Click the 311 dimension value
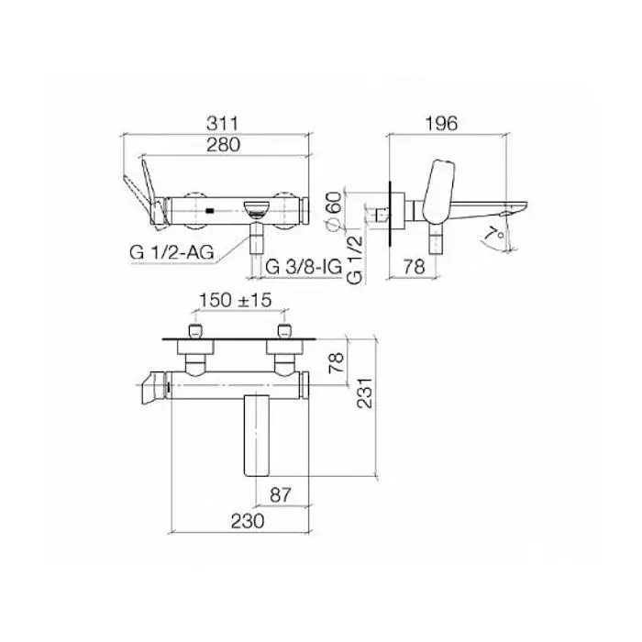[x=222, y=124]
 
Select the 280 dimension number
[x=223, y=145]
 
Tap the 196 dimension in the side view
[x=441, y=124]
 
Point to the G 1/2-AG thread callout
[x=172, y=252]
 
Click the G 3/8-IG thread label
[x=304, y=267]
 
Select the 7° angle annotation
[x=494, y=234]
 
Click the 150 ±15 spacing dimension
[x=236, y=300]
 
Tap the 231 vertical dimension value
[x=364, y=393]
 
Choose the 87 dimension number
[x=281, y=495]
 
